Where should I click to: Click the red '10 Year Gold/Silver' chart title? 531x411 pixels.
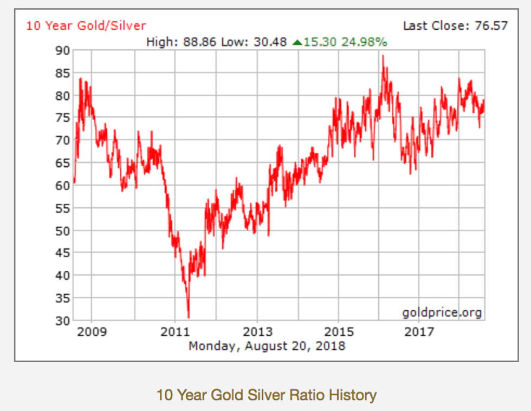(x=86, y=25)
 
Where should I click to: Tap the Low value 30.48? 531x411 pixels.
(x=269, y=42)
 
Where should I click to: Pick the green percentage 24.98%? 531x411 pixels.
(x=364, y=42)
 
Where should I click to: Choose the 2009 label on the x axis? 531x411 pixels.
(x=92, y=331)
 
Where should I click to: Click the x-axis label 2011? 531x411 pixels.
(x=174, y=331)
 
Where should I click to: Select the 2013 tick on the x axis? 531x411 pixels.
(x=257, y=331)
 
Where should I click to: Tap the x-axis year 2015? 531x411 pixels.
(x=339, y=331)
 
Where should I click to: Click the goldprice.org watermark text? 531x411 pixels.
(x=442, y=312)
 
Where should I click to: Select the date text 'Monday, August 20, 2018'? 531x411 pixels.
(x=267, y=345)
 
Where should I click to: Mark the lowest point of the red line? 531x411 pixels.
(x=189, y=318)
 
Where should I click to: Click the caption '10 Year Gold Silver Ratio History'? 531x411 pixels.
(x=266, y=395)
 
